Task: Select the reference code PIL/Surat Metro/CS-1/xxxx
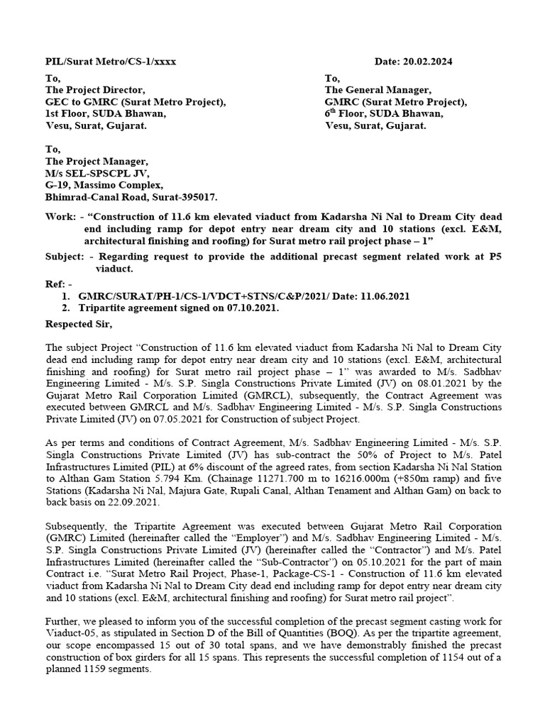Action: point(111,62)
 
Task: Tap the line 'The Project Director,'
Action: point(95,89)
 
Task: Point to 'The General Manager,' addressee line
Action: point(378,89)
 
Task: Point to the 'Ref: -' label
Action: point(58,284)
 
